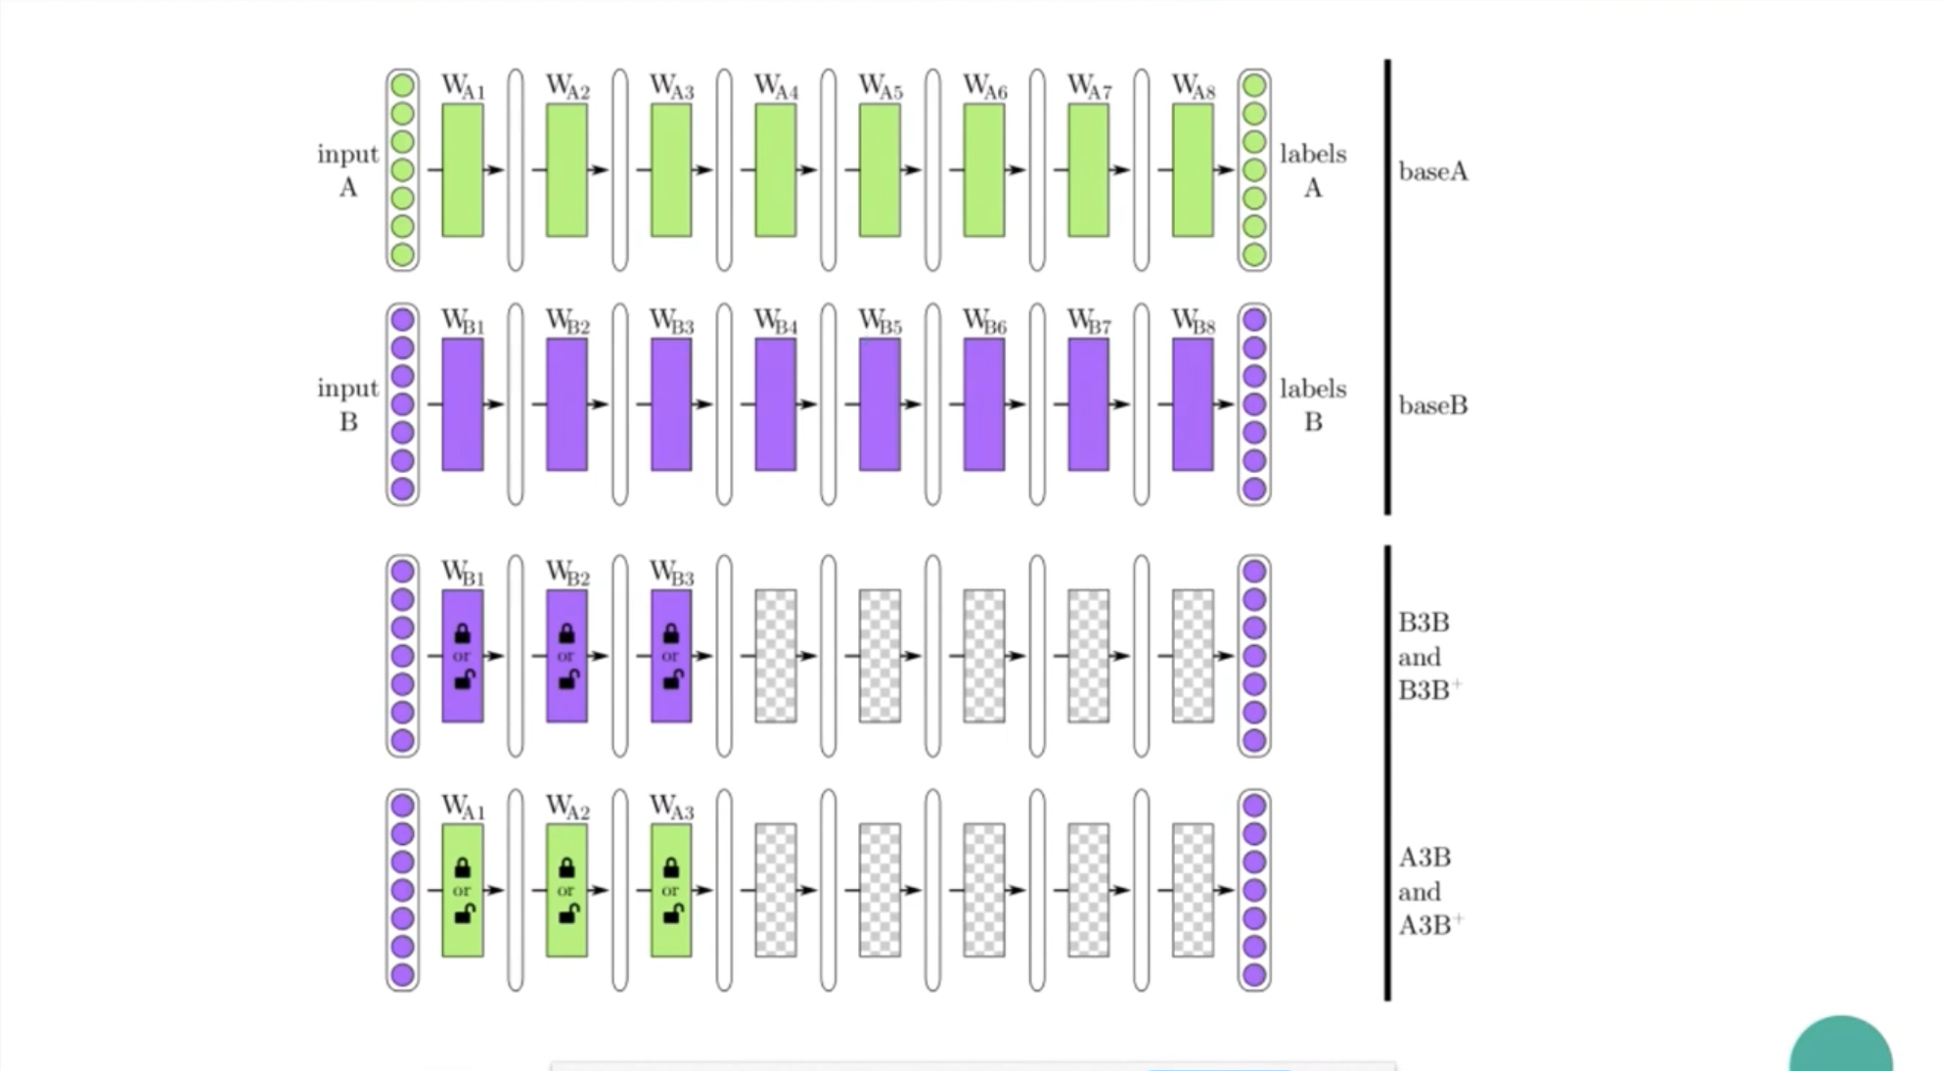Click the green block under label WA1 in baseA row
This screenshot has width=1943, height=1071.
(462, 169)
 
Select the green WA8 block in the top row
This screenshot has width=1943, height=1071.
(1193, 169)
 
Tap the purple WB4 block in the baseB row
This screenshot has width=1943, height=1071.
(775, 403)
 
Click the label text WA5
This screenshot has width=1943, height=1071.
(881, 87)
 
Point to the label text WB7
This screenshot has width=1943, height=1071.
(1089, 321)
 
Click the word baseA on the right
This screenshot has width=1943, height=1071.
(1432, 172)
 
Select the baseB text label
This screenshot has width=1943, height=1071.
(1432, 405)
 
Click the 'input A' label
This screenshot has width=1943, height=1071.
(347, 169)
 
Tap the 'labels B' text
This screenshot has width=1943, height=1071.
(1313, 404)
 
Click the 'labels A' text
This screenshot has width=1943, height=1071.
(1313, 169)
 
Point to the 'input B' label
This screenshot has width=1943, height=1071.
(347, 403)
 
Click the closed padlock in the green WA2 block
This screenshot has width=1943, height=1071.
(566, 867)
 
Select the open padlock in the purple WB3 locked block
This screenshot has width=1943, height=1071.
(672, 678)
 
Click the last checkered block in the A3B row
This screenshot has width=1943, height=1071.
(1193, 889)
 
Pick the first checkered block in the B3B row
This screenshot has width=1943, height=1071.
(775, 655)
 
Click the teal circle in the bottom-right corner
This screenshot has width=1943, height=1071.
(1840, 1048)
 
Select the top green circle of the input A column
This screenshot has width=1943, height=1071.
(402, 86)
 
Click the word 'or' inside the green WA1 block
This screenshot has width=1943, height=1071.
(462, 891)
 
